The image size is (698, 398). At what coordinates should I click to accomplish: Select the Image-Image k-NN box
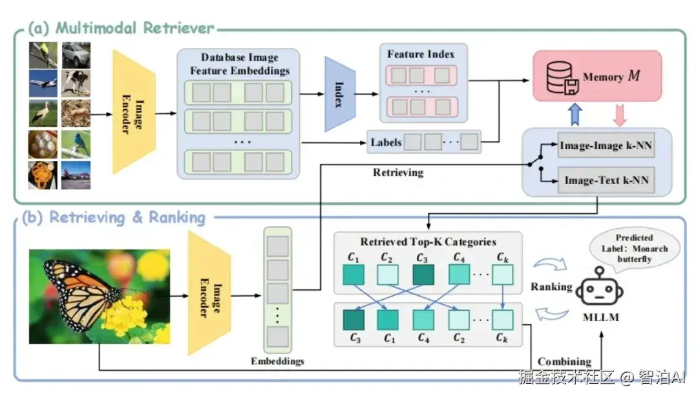tap(605, 147)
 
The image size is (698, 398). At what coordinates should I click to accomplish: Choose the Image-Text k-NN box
tap(606, 180)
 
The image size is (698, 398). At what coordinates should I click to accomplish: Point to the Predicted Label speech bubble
tap(633, 249)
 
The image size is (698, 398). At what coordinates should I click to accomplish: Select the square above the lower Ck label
tap(502, 319)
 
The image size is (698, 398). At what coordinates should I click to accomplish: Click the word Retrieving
tap(398, 173)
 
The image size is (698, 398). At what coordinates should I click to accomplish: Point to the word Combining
tap(564, 361)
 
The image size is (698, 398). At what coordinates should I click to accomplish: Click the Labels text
tap(386, 142)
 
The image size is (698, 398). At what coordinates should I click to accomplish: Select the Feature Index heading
tap(421, 54)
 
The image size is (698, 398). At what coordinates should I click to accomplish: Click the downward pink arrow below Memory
tap(619, 114)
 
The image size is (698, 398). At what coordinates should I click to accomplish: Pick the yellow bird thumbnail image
tap(43, 55)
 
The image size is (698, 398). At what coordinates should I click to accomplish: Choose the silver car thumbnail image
tap(76, 55)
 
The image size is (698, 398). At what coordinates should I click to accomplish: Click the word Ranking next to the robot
tap(551, 287)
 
